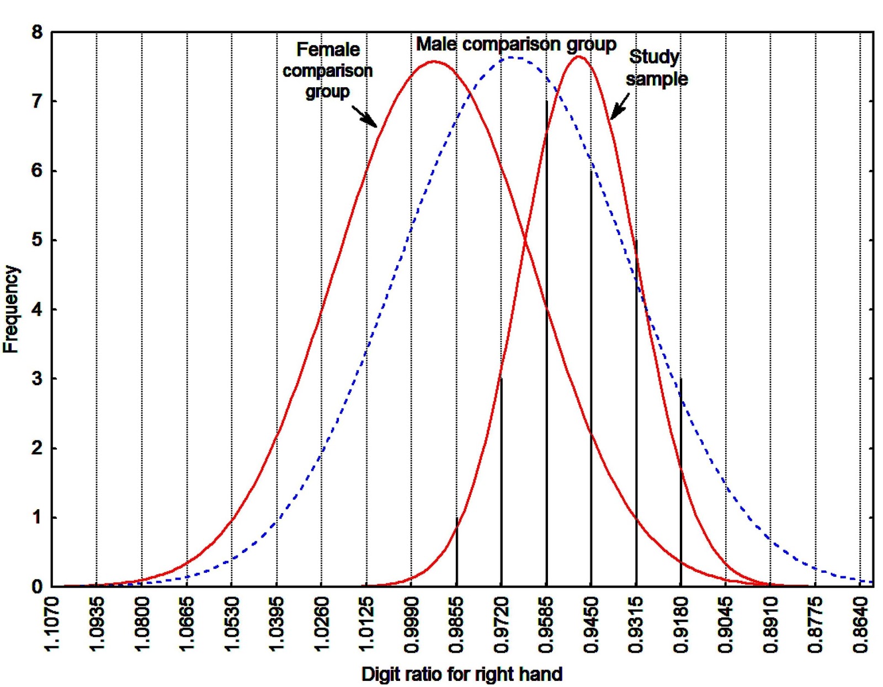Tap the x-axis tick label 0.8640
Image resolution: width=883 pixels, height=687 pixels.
[860, 624]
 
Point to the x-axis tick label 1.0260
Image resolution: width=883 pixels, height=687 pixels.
[322, 624]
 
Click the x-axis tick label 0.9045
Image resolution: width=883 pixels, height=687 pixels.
[726, 624]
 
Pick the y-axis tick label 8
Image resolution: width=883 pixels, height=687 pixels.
[37, 33]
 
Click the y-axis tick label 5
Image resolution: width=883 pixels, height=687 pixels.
[37, 241]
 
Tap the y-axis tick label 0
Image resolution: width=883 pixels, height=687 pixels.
[37, 587]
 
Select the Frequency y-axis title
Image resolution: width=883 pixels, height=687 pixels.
[11, 309]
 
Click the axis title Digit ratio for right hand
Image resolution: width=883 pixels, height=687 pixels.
[462, 674]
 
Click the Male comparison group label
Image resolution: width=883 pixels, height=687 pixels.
[516, 44]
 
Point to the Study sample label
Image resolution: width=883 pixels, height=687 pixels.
[656, 68]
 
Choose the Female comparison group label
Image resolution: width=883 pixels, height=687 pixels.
[328, 71]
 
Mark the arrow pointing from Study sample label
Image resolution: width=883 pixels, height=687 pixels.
[620, 106]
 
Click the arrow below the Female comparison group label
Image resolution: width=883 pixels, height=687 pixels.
[364, 115]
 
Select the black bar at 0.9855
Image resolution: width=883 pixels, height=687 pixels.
[456, 552]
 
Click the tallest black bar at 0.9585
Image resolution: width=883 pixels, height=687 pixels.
[546, 342]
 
